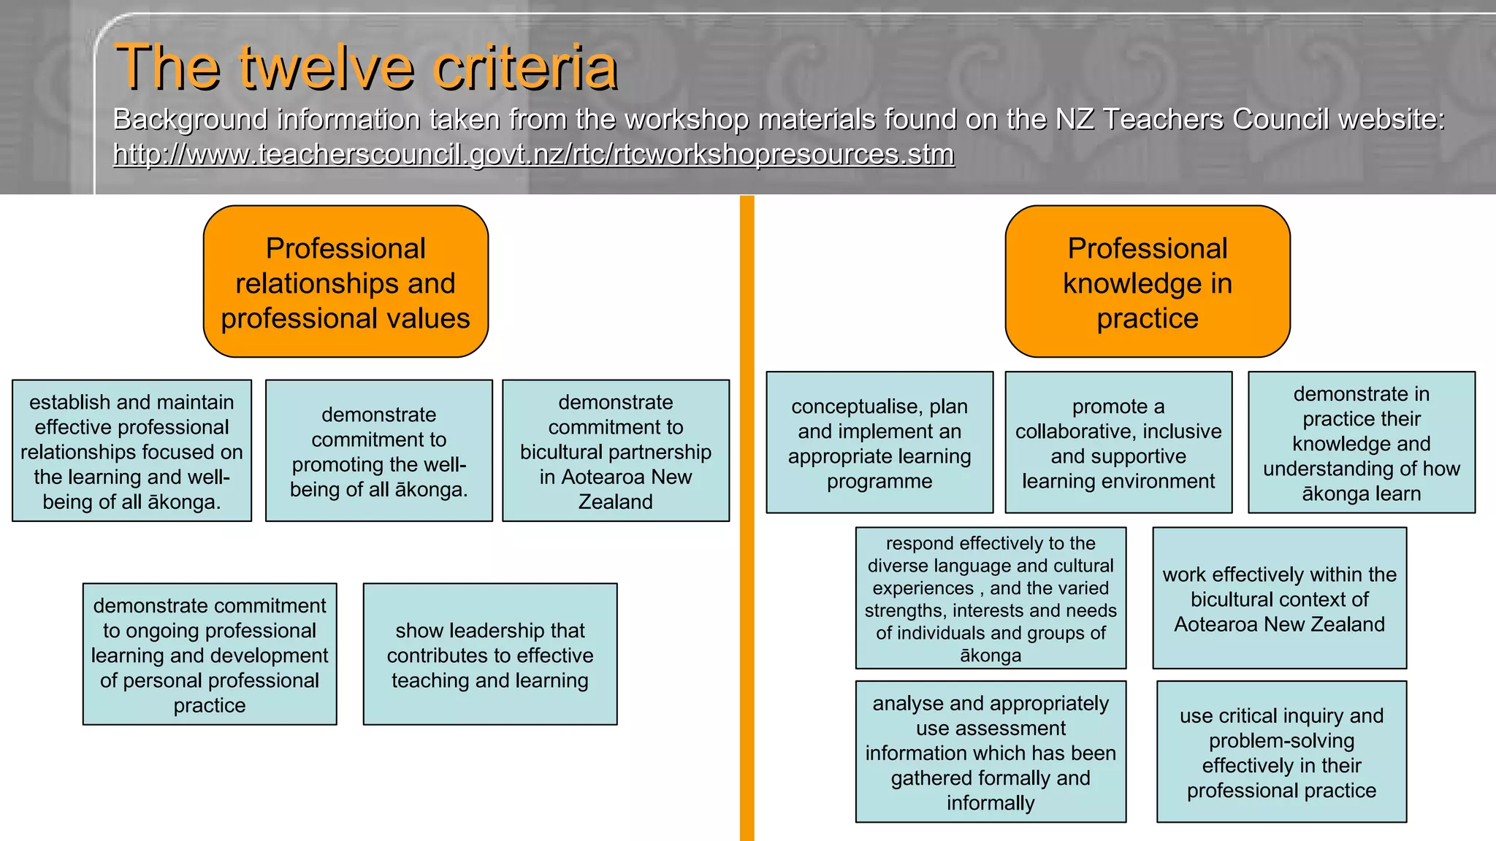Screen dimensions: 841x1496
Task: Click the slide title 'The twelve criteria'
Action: tap(366, 67)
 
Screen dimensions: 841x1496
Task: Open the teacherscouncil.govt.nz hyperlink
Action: tap(533, 154)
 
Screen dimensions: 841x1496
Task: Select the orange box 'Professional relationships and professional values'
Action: tap(346, 282)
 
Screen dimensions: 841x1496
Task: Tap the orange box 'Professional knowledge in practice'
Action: tap(1147, 282)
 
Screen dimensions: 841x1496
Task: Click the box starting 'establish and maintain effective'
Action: tap(131, 450)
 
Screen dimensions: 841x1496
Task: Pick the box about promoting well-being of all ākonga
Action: tap(378, 450)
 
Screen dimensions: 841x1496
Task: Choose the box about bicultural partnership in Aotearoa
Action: tap(615, 450)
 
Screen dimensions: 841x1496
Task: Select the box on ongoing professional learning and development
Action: tap(210, 654)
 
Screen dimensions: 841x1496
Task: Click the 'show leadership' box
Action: tap(489, 654)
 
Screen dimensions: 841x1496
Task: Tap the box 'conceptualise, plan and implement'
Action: tap(879, 442)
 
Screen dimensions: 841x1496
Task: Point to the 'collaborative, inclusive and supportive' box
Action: tap(1118, 442)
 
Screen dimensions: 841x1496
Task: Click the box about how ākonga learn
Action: tap(1361, 442)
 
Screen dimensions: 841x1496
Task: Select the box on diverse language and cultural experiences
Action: tap(991, 598)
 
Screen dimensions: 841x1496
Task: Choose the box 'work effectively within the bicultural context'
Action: tap(1279, 598)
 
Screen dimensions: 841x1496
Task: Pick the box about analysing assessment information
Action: tap(991, 752)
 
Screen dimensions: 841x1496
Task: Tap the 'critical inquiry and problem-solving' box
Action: tap(1281, 752)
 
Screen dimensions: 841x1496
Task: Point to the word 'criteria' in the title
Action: tap(525, 67)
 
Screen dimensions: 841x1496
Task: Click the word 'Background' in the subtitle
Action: tap(191, 119)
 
